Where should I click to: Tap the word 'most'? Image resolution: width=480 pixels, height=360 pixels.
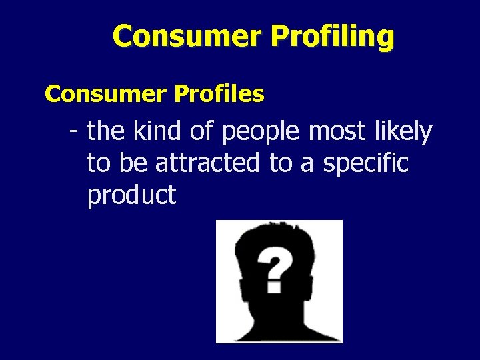pyautogui.click(x=337, y=132)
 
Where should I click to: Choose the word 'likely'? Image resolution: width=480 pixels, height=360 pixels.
pyautogui.click(x=403, y=132)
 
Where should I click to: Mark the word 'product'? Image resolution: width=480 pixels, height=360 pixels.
pyautogui.click(x=131, y=195)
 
